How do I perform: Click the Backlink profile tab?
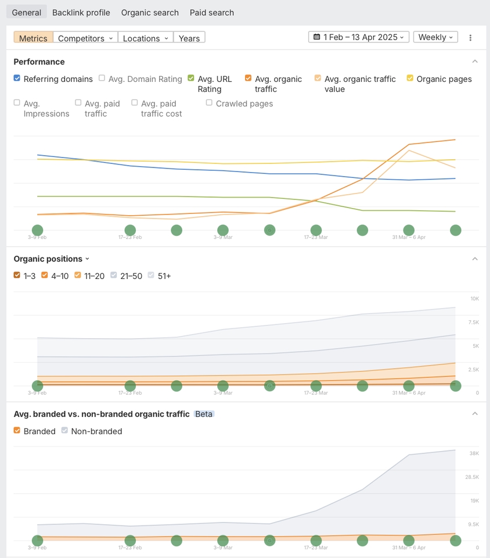click(x=81, y=12)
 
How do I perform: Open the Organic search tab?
click(x=150, y=12)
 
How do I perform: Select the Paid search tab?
click(x=212, y=12)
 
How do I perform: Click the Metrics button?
click(x=33, y=38)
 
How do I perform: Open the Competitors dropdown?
click(x=85, y=38)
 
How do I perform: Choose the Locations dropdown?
click(x=145, y=38)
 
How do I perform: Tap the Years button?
click(x=189, y=38)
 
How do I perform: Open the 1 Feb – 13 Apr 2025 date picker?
click(x=359, y=37)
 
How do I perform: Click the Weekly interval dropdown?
click(x=435, y=37)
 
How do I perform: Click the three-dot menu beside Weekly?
click(x=470, y=38)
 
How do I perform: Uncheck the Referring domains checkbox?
click(x=17, y=78)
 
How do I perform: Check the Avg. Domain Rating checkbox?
click(x=102, y=78)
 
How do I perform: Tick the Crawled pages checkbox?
click(x=209, y=103)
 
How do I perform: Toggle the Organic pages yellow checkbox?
click(x=410, y=78)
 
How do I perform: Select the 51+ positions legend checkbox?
click(x=152, y=276)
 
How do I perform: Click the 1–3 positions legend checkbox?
click(x=17, y=276)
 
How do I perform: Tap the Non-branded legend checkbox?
click(x=64, y=431)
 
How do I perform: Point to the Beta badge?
click(x=204, y=414)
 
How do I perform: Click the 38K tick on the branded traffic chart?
click(x=474, y=453)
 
